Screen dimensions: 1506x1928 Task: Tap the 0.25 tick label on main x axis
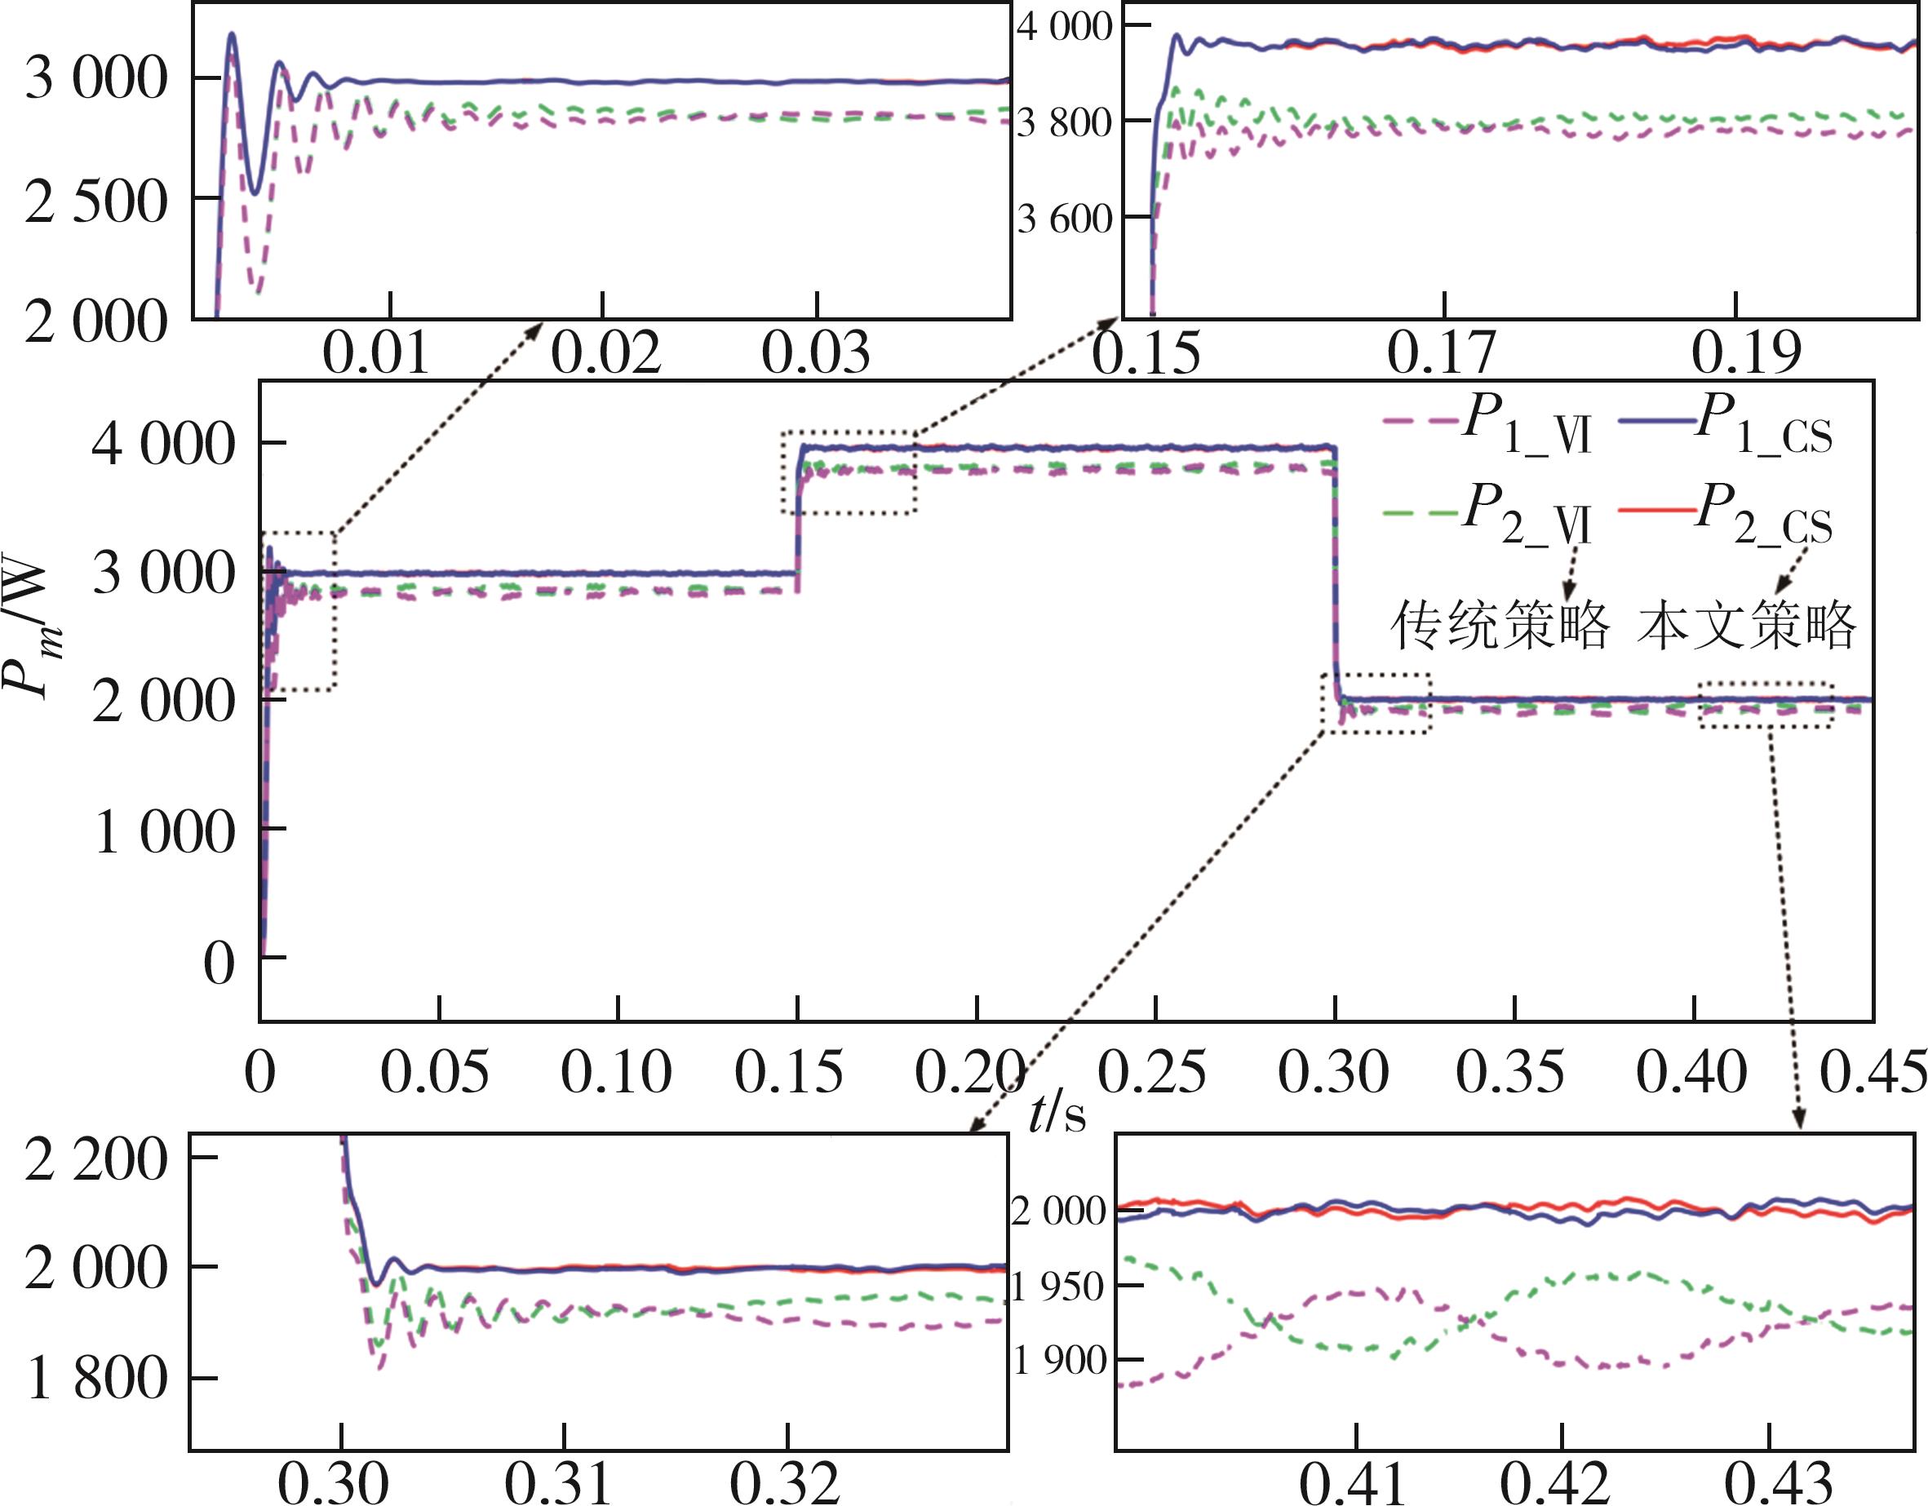[1151, 1073]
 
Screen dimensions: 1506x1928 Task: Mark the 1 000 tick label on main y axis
[164, 831]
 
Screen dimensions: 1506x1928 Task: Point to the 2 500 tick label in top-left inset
[95, 202]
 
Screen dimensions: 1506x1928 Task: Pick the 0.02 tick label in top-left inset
[605, 352]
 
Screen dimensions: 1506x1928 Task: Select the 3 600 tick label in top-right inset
[1065, 218]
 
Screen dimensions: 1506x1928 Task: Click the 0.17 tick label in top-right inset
[1442, 352]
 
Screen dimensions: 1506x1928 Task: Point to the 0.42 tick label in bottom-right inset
[1555, 1482]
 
